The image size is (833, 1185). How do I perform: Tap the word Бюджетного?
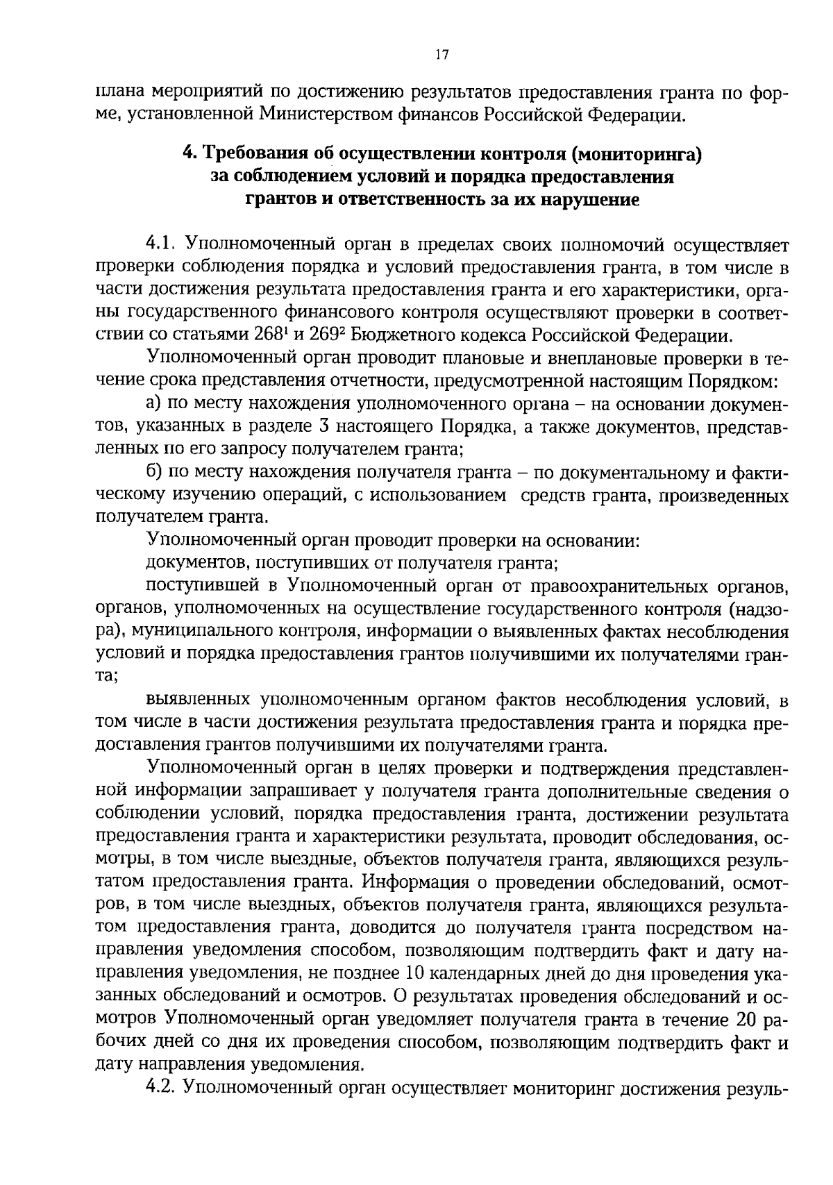(402, 335)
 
